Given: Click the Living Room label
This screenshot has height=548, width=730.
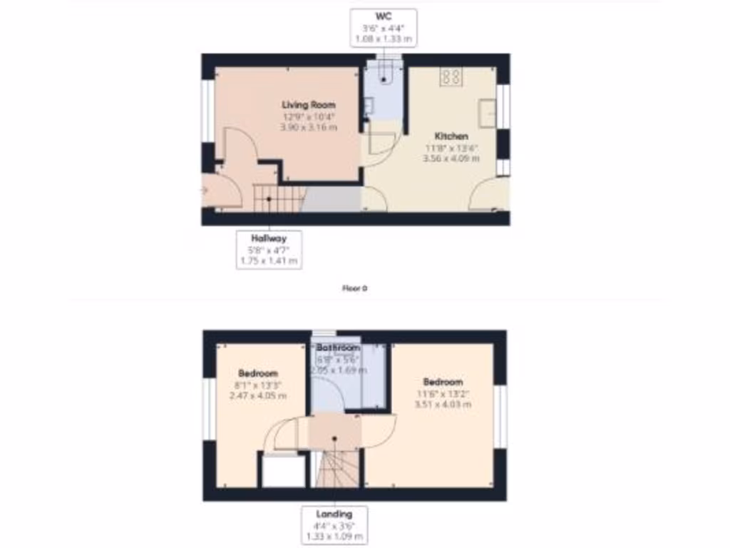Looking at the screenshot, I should coord(309,105).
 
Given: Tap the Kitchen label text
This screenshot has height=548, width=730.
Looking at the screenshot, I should coord(452,136).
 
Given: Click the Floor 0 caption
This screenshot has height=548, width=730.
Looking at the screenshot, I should coord(354,289).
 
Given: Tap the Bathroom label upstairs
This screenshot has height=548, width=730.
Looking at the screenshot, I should coord(338,348).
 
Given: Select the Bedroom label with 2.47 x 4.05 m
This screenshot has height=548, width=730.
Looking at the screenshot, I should coord(258,373).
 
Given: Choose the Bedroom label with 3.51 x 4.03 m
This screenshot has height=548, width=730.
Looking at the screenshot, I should coord(443,382).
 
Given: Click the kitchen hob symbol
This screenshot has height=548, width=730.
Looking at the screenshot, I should coord(451,76).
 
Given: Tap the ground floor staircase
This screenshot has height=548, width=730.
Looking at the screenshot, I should coord(278,198).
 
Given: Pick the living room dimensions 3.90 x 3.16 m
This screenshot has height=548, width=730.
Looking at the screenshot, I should coord(309,127).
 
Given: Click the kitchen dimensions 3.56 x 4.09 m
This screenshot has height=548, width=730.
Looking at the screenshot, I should coord(452,158).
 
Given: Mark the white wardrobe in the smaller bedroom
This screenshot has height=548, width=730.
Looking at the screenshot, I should coord(283,472).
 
